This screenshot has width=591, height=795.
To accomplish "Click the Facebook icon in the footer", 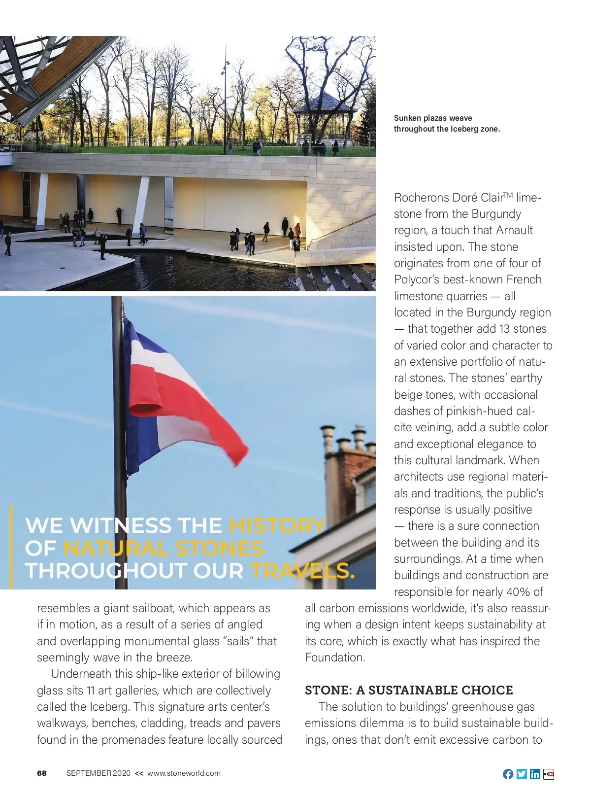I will (x=508, y=774).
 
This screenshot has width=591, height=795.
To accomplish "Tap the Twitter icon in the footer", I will (x=522, y=774).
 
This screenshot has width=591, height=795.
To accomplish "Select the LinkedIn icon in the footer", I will (x=535, y=774).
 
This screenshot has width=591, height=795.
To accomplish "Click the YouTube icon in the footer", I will (x=549, y=774).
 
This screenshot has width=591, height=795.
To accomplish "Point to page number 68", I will (x=42, y=773).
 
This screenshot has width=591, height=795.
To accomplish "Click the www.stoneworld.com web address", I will (x=184, y=773).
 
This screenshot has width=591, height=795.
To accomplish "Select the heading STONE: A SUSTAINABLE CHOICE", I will (x=409, y=690).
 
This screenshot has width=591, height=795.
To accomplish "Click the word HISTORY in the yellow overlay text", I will (x=277, y=525).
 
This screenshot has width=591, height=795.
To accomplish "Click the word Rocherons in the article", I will (x=421, y=198).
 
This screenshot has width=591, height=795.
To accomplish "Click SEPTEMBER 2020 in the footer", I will (x=98, y=773).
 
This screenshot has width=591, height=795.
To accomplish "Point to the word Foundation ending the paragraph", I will (x=335, y=657).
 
